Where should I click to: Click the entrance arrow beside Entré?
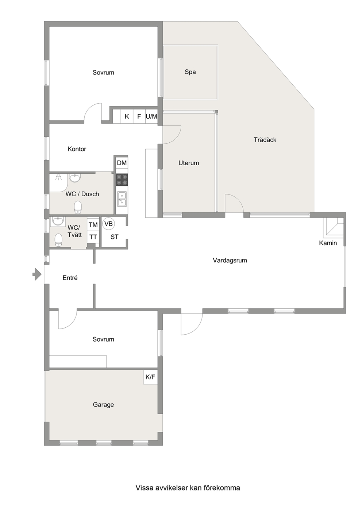(x=37, y=274)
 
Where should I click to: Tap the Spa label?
(x=190, y=72)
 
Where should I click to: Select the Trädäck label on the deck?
(x=265, y=140)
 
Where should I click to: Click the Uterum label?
(x=189, y=163)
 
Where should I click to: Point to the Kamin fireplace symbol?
(x=333, y=227)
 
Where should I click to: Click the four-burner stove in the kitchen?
(x=122, y=180)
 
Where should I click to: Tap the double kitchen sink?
(x=122, y=199)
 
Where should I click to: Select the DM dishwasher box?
(x=122, y=163)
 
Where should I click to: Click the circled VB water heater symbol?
(x=108, y=224)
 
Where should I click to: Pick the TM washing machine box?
(x=93, y=225)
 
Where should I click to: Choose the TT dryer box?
(x=93, y=237)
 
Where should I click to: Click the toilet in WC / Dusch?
(x=78, y=207)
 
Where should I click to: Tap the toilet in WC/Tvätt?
(x=58, y=240)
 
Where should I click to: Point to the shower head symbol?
(x=58, y=177)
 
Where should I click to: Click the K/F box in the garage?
(x=150, y=377)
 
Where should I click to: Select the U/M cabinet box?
(x=151, y=116)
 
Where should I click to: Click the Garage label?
(x=103, y=405)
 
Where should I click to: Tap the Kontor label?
(x=77, y=149)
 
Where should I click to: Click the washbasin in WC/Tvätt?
(x=58, y=221)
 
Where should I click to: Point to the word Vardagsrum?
(x=230, y=261)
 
